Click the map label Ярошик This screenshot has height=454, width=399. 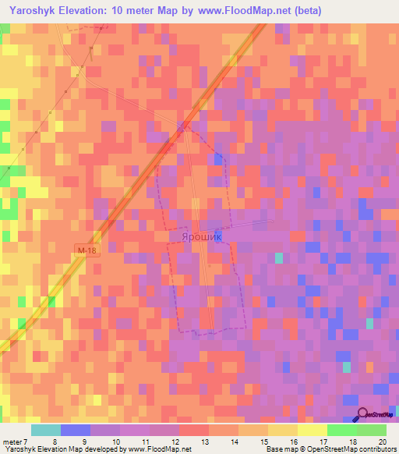(x=201, y=235)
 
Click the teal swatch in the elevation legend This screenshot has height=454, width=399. (x=45, y=430)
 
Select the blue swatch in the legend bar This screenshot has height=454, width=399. (x=76, y=430)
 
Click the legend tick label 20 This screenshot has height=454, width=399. (x=381, y=442)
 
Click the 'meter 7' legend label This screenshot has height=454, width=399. (x=14, y=442)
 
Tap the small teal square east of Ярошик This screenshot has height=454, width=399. (x=279, y=258)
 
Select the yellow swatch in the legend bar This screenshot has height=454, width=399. (x=282, y=430)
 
